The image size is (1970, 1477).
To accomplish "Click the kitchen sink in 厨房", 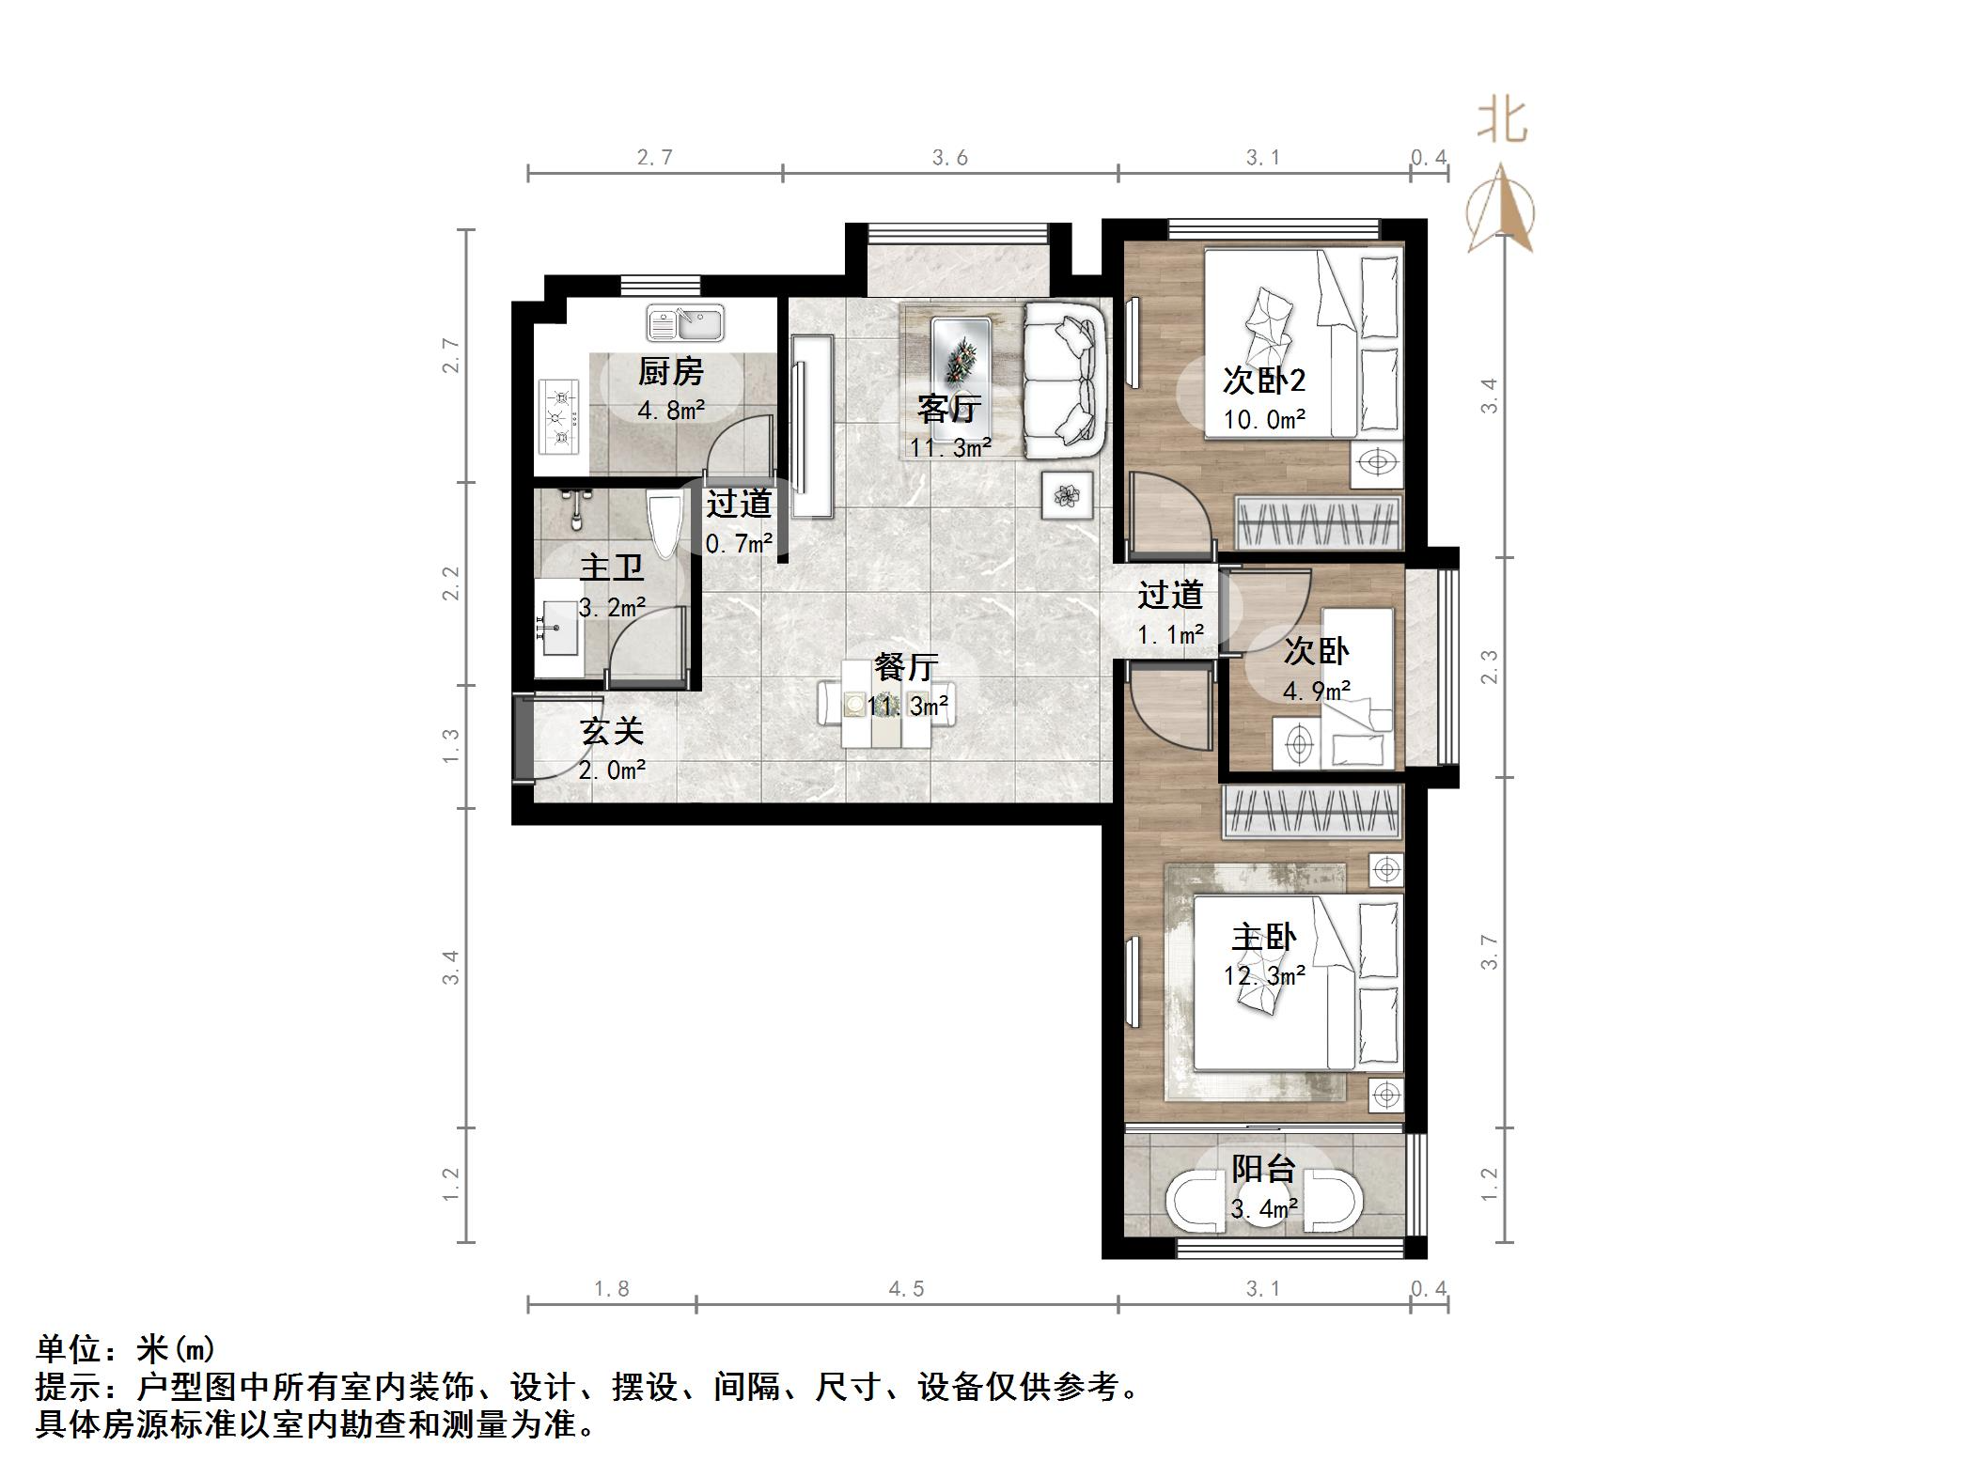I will (684, 324).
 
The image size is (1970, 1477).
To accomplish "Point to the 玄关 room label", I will (612, 731).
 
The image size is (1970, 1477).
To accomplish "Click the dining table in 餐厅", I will (887, 705).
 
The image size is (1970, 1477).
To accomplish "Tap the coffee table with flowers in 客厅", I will (961, 354).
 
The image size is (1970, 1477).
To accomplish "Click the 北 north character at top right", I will (1501, 121).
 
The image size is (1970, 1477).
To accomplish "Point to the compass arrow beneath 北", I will (1501, 211).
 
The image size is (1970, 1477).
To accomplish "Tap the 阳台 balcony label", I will (1263, 1169).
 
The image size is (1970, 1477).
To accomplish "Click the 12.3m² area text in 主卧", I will (1263, 976).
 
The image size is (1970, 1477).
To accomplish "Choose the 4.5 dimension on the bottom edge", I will (906, 1289).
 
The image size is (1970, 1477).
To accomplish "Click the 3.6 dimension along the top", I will (949, 158).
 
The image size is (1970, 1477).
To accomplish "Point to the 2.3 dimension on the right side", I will (1489, 666).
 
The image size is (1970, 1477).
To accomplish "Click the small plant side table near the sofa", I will (1067, 494).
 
